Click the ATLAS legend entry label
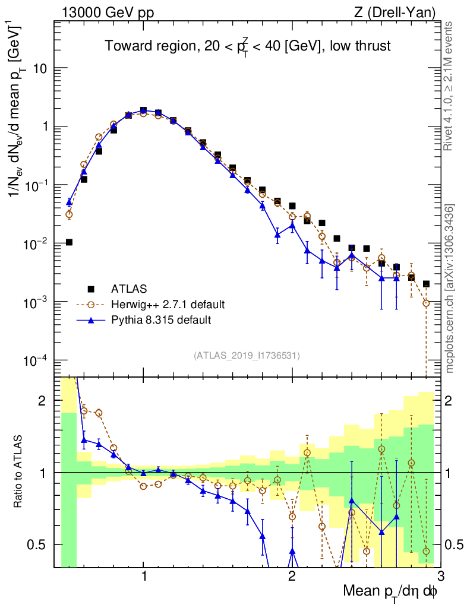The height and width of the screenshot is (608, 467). (128, 289)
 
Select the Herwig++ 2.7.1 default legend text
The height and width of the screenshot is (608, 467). (168, 305)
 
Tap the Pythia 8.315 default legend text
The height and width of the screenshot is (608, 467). (161, 320)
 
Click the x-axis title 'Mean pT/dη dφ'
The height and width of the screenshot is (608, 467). (390, 591)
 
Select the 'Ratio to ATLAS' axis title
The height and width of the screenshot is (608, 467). (20, 472)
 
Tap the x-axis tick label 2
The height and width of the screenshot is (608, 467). (292, 577)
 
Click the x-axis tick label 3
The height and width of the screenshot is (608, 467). (440, 577)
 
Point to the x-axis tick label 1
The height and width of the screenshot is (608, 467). (144, 577)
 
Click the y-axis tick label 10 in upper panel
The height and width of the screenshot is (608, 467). (40, 68)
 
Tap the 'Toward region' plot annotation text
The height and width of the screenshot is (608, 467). (248, 46)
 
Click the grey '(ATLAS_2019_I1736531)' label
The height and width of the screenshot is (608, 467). (247, 356)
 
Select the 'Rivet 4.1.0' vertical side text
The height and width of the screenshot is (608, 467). (450, 85)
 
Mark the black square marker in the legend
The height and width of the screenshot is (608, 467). (91, 289)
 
